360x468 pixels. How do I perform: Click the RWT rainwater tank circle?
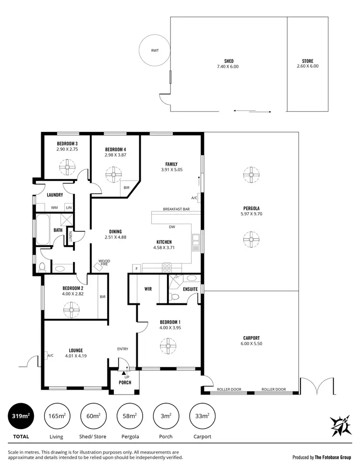(x=154, y=50)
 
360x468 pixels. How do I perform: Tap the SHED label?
(x=228, y=61)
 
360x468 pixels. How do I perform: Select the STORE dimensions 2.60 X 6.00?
(x=307, y=66)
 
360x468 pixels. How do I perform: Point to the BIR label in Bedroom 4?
(x=126, y=188)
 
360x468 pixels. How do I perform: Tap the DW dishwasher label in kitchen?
(x=171, y=227)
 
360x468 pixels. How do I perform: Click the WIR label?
(x=148, y=289)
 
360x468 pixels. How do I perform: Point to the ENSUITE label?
(x=190, y=289)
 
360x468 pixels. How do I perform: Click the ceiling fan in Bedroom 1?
(x=168, y=345)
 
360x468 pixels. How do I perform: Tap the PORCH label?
(x=125, y=383)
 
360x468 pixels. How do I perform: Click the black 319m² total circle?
(x=21, y=416)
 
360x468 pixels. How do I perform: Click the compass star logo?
(x=341, y=425)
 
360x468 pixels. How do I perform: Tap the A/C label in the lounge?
(x=50, y=355)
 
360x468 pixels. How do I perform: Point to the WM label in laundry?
(x=54, y=207)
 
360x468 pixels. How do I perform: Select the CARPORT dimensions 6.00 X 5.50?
(x=252, y=344)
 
